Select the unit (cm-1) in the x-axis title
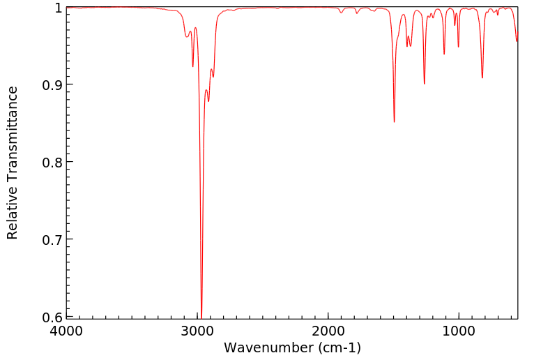click(x=337, y=347)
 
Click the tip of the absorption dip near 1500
click(x=394, y=122)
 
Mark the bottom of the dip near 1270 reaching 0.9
click(x=424, y=84)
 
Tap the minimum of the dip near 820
click(x=482, y=77)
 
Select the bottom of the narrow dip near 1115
click(x=444, y=54)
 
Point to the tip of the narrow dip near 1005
click(x=458, y=47)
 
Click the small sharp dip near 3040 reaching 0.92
click(x=192, y=66)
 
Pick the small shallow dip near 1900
click(x=341, y=13)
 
